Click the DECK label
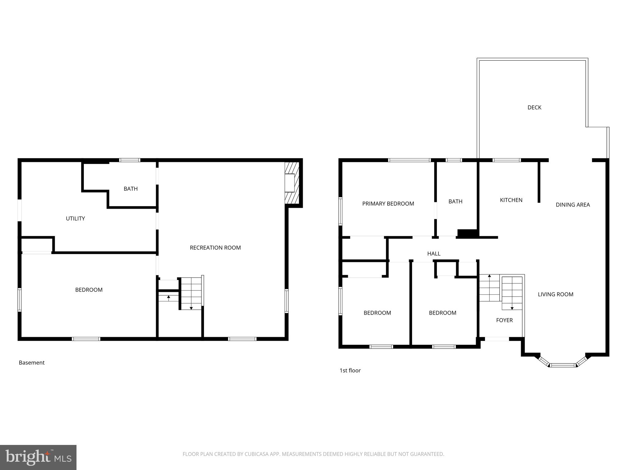[534, 107]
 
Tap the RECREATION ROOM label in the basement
[215, 248]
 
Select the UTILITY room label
[75, 218]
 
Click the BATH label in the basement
[130, 189]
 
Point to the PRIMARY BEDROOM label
[388, 203]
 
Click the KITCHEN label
[511, 200]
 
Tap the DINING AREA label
[573, 205]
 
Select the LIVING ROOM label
[555, 294]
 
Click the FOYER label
[504, 320]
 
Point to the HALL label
[434, 254]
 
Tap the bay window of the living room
[562, 365]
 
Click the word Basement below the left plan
[32, 363]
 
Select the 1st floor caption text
[350, 371]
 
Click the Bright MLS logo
[38, 457]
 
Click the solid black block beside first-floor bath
[467, 233]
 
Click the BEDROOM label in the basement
[89, 290]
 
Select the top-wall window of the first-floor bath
[454, 160]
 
